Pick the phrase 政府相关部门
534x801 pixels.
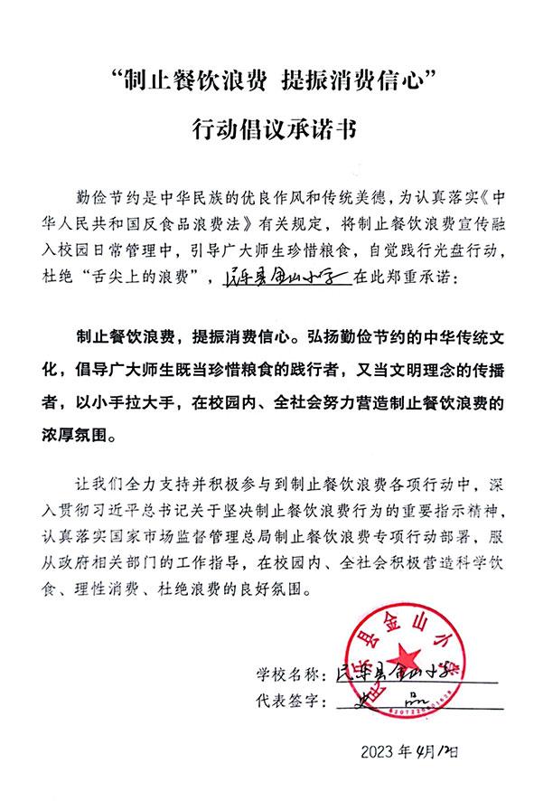point(110,562)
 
